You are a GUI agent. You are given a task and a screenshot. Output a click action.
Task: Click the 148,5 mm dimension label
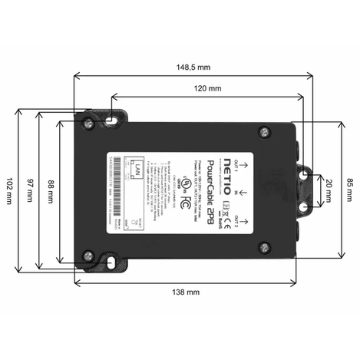193,67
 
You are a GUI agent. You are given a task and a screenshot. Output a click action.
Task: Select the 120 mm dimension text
206,88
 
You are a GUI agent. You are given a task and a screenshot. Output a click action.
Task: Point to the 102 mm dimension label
8,187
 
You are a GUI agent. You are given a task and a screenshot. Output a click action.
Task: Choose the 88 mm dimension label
50,187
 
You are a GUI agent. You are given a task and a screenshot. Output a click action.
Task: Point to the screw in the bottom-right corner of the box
265,246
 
